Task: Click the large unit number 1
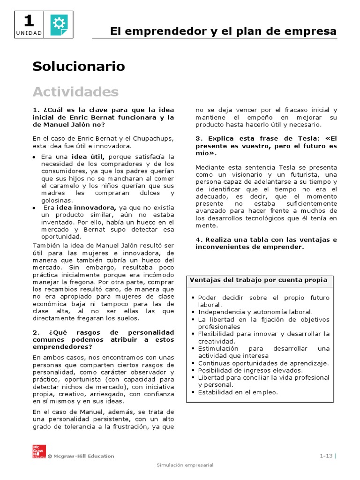pos(29,21)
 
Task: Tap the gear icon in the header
pos(59,24)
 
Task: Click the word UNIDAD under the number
pos(29,33)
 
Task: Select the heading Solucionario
pos(79,67)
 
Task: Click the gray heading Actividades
pos(75,91)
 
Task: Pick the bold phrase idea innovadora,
pos(86,207)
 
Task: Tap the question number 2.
pos(35,332)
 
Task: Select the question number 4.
pos(198,240)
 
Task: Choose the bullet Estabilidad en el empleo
pos(238,392)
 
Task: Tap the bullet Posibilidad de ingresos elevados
pos(251,370)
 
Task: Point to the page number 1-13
pos(326,456)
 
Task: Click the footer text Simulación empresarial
pos(185,465)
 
